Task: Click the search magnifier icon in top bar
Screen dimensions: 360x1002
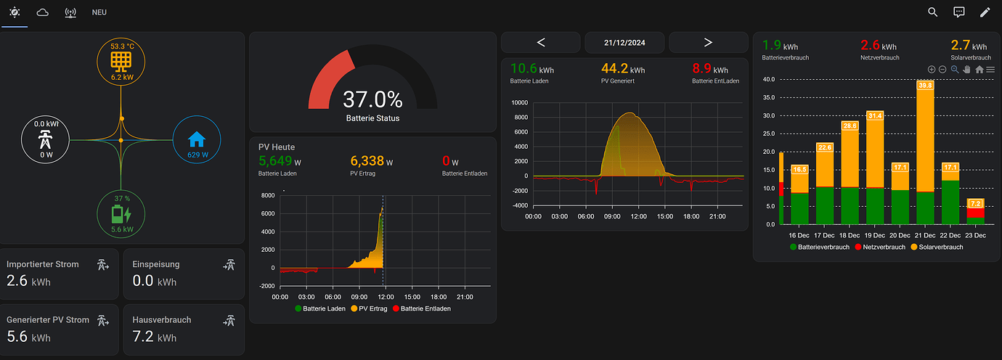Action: [x=933, y=12]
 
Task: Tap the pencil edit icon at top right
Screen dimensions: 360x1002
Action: [x=985, y=12]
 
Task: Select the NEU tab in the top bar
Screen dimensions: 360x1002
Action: [x=99, y=13]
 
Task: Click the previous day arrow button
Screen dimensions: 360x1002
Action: [x=541, y=42]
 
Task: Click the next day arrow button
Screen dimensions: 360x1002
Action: [x=708, y=42]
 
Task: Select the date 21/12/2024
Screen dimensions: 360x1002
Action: [x=624, y=43]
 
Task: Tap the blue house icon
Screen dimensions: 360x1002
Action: [x=196, y=139]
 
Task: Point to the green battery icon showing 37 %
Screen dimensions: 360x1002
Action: [x=121, y=215]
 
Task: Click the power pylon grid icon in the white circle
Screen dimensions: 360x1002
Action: [x=46, y=139]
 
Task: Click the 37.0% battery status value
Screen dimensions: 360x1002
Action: [x=372, y=99]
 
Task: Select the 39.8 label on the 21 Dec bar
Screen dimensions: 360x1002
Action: [x=925, y=85]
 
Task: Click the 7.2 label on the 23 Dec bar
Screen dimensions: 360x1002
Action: [x=976, y=204]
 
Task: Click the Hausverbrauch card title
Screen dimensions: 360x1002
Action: [x=162, y=319]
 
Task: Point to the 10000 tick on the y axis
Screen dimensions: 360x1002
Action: [x=518, y=103]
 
